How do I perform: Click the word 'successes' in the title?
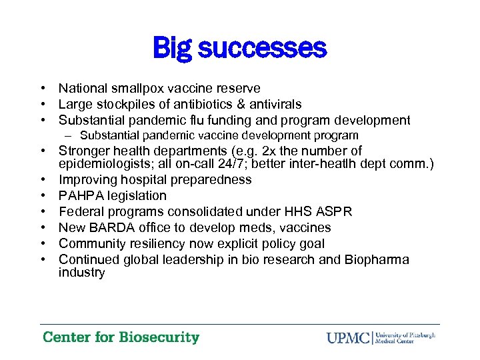click(264, 48)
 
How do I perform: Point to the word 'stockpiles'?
click(123, 104)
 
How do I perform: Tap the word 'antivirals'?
click(273, 104)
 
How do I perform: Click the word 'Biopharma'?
click(376, 259)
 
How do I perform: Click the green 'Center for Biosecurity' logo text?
click(121, 337)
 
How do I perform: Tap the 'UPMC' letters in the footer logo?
click(349, 337)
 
